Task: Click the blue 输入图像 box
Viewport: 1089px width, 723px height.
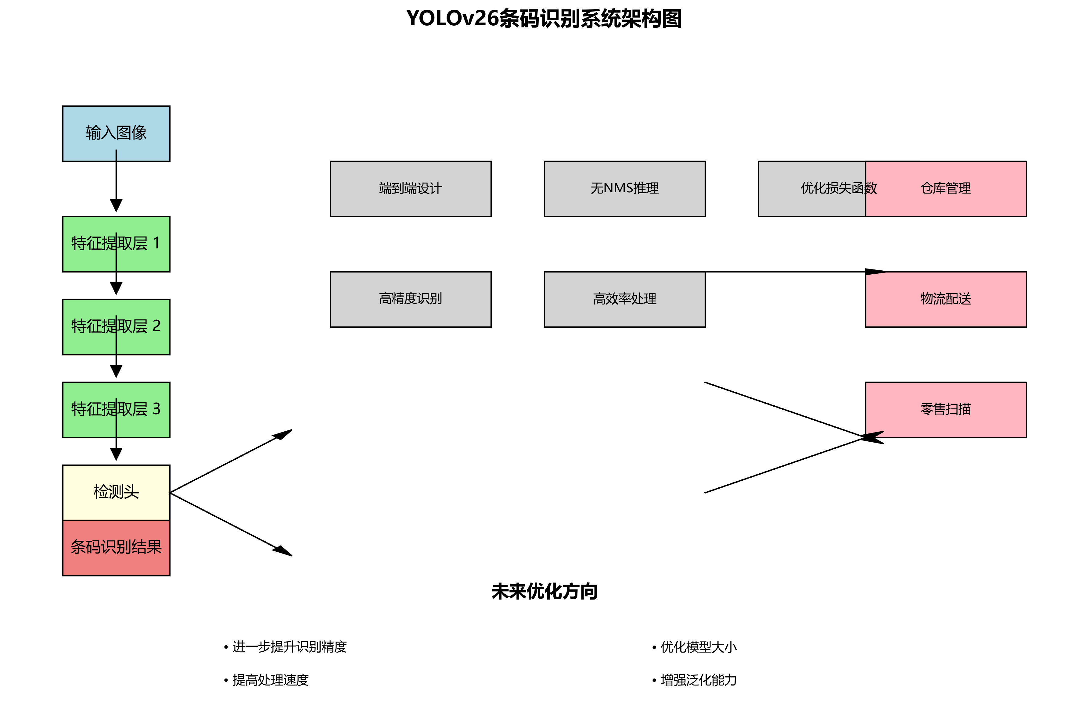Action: click(116, 133)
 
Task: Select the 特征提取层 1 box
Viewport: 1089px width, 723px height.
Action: click(116, 244)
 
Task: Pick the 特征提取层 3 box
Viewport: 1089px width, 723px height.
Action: click(116, 409)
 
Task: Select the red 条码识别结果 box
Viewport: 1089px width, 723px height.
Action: click(116, 547)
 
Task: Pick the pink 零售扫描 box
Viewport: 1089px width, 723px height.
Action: click(946, 409)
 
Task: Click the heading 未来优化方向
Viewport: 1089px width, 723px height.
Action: click(544, 592)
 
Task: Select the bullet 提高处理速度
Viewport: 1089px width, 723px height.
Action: click(270, 680)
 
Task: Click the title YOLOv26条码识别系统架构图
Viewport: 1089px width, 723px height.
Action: click(544, 19)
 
